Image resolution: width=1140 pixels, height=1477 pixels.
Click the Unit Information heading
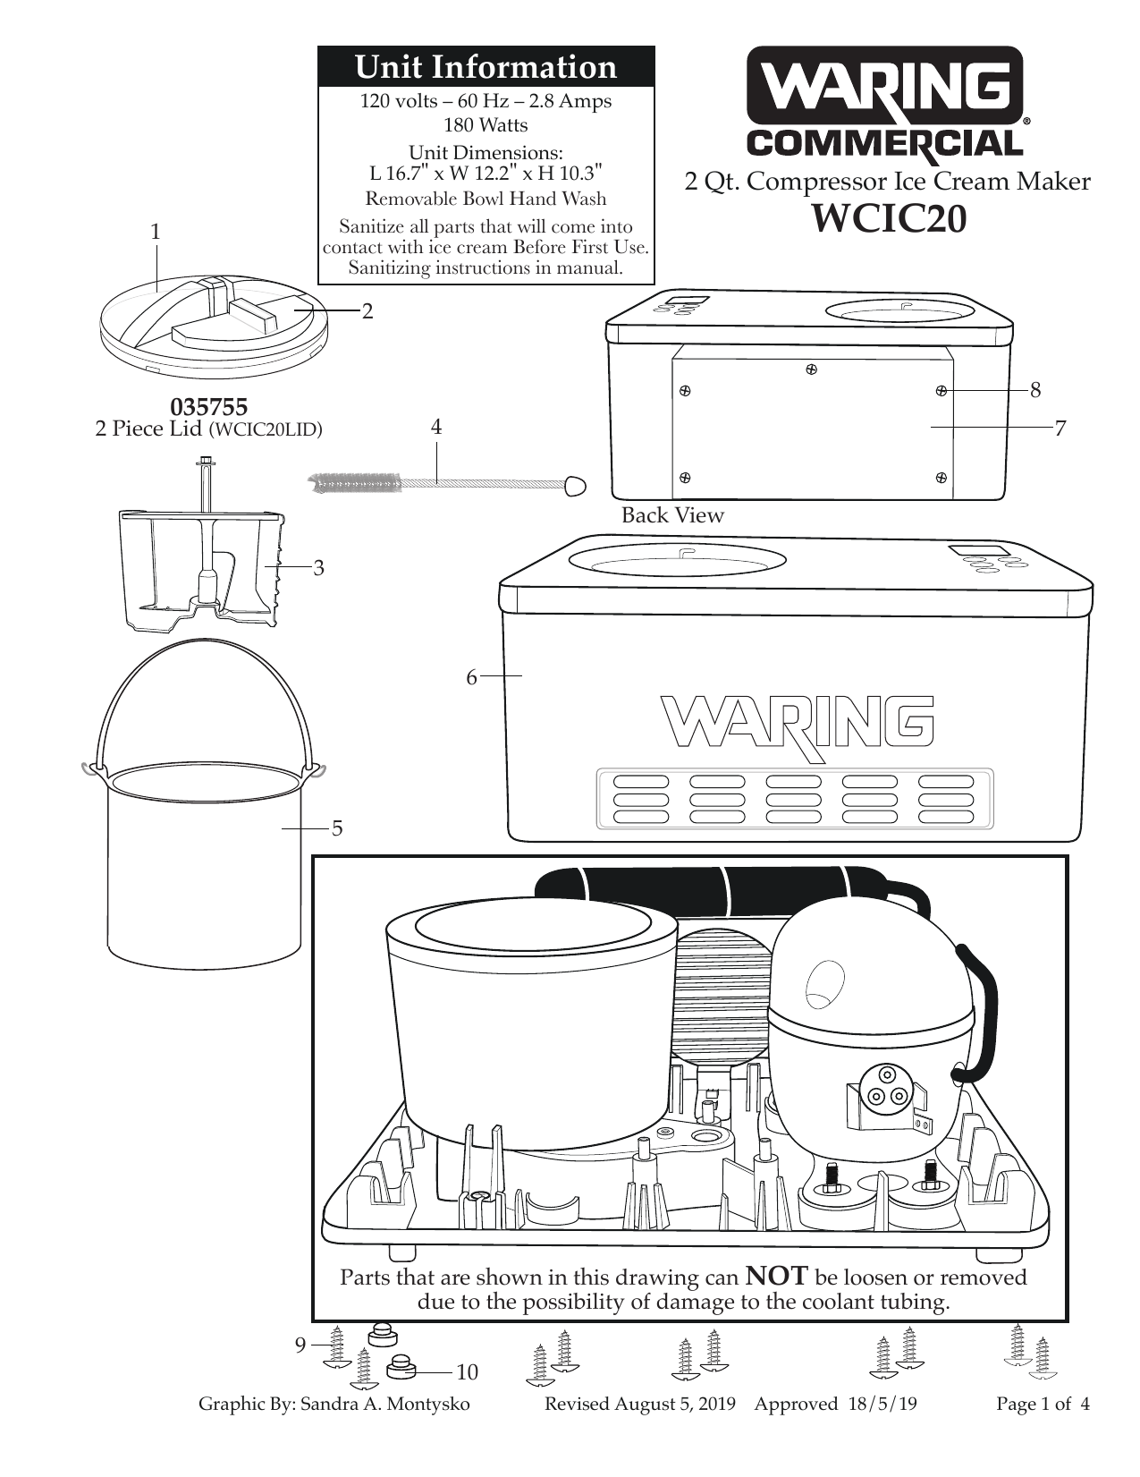[486, 67]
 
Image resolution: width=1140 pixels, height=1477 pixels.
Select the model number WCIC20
[888, 218]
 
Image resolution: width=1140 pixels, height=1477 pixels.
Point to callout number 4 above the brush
[436, 427]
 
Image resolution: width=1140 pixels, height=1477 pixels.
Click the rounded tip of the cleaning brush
[576, 484]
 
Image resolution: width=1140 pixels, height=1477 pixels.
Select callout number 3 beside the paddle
[318, 567]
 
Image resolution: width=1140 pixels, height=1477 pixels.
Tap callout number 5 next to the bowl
[337, 828]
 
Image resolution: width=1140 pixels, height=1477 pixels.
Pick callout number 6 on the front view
[471, 677]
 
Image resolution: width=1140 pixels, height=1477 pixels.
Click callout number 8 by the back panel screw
[1035, 389]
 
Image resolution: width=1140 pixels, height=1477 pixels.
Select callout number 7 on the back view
[1060, 429]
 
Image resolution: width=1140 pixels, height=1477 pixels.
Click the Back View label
[671, 515]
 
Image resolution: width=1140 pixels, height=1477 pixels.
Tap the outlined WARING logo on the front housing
[798, 723]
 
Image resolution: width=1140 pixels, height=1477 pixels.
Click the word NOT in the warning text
[776, 1276]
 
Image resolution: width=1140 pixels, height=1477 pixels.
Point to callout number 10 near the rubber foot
[467, 1372]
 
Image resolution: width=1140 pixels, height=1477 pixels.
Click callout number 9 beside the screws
[301, 1345]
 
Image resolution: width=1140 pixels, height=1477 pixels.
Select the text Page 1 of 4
[1043, 1404]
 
